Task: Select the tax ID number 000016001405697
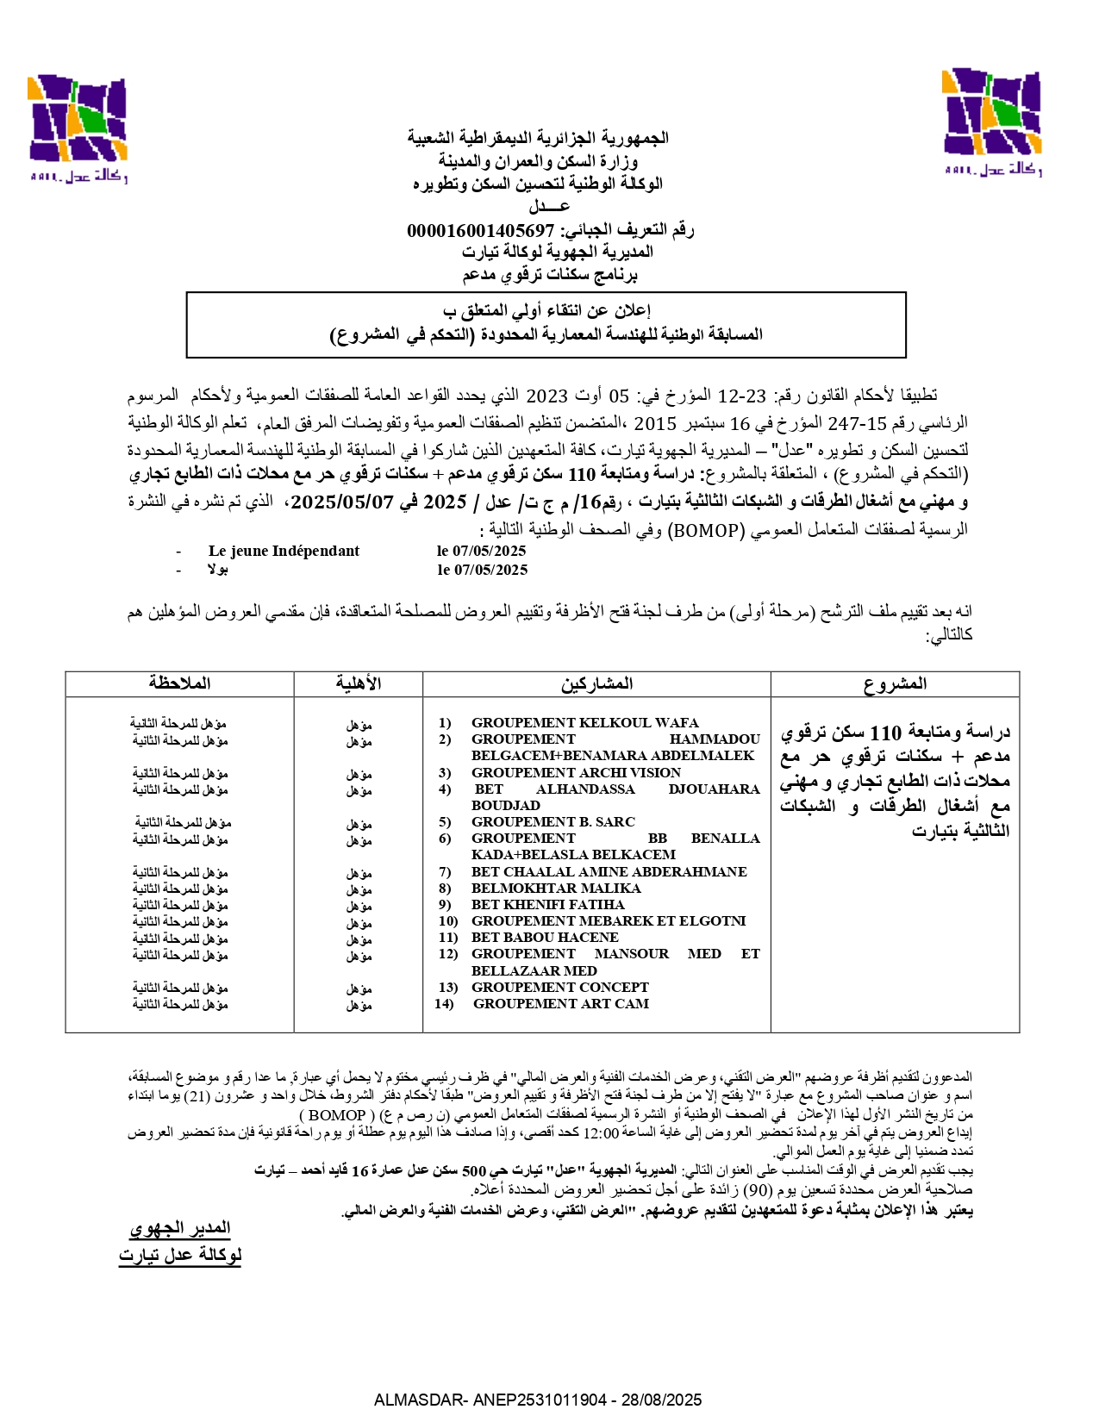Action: click(x=480, y=230)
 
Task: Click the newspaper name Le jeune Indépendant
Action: click(x=284, y=552)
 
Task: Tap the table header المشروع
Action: click(x=895, y=684)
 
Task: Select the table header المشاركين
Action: click(x=596, y=684)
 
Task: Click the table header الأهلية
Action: click(x=359, y=684)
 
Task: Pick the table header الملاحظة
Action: click(x=179, y=684)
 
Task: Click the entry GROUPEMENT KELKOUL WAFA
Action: click(x=584, y=723)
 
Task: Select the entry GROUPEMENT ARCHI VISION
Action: click(x=576, y=773)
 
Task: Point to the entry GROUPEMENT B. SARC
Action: click(x=553, y=822)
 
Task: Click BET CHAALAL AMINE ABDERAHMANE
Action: click(x=609, y=872)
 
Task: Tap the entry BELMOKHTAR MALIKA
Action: click(x=555, y=889)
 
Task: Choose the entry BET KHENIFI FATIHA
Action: click(x=547, y=905)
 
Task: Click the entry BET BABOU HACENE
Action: click(x=545, y=938)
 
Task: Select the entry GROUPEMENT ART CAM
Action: click(x=561, y=1004)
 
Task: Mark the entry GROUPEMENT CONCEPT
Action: click(x=560, y=988)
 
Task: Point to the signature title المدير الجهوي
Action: click(x=180, y=1228)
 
